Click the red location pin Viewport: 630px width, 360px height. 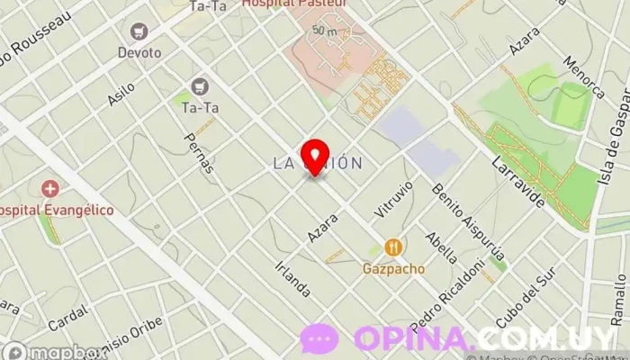(x=314, y=157)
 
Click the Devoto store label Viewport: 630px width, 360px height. (x=139, y=53)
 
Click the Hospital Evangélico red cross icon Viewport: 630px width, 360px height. (x=50, y=189)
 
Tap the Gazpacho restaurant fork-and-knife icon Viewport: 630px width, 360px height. (x=393, y=247)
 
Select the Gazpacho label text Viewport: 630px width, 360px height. (x=393, y=268)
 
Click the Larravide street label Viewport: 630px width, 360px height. (x=518, y=181)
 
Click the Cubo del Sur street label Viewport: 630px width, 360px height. (x=522, y=306)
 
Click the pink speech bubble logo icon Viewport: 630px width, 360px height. (x=319, y=339)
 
